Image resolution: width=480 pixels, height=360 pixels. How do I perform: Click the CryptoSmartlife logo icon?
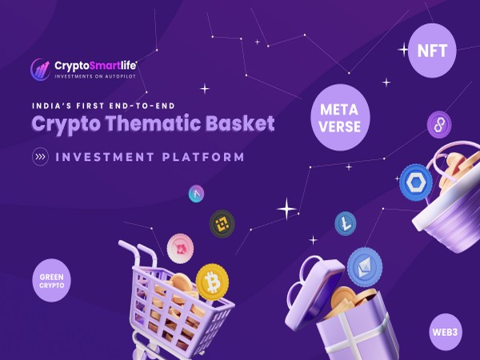pyautogui.click(x=40, y=69)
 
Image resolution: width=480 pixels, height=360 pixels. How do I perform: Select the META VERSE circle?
pyautogui.click(x=339, y=117)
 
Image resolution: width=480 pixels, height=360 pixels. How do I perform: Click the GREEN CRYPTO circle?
pyautogui.click(x=52, y=281)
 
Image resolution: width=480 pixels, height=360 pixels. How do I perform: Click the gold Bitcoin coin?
pyautogui.click(x=212, y=281)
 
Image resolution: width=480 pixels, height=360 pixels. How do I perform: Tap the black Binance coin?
pyautogui.click(x=222, y=223)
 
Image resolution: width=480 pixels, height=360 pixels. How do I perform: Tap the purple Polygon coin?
pyautogui.click(x=438, y=124)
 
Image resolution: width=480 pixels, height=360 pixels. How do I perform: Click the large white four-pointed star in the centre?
pyautogui.click(x=286, y=210)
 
